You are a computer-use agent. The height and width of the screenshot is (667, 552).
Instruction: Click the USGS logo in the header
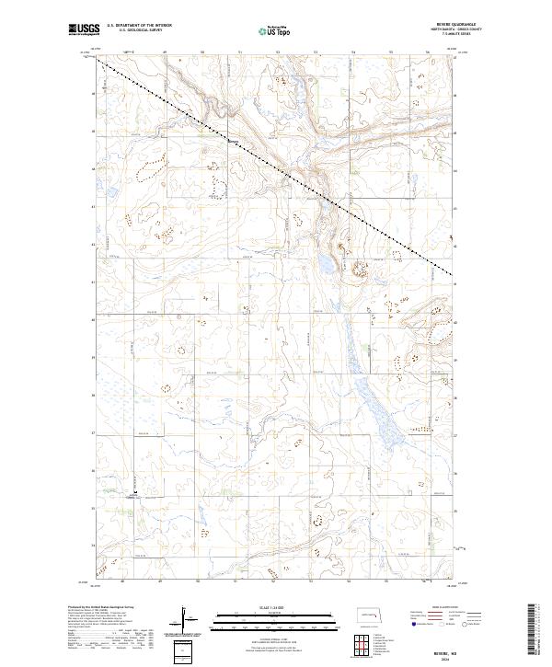coord(84,31)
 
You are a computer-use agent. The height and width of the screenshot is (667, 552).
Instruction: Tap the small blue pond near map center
coord(325,265)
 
